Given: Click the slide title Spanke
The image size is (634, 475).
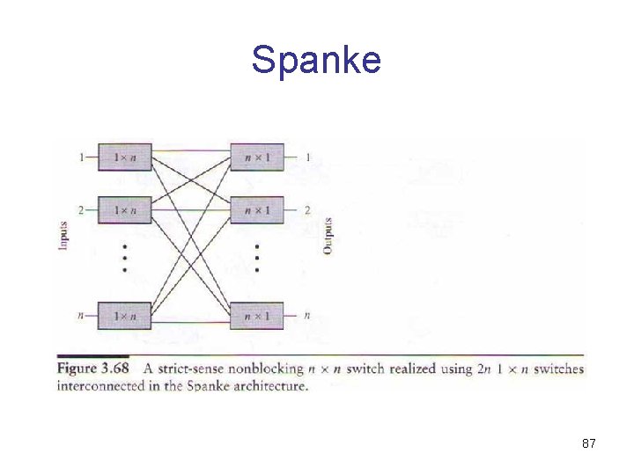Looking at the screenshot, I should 316,60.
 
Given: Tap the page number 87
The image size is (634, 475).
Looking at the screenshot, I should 589,444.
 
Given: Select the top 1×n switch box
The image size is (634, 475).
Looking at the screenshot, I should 124,157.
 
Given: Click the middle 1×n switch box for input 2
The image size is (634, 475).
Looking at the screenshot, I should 124,210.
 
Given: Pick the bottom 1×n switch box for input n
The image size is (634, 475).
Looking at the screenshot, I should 124,315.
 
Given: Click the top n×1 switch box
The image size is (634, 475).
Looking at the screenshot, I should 257,157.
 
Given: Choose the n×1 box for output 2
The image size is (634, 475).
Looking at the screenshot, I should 257,210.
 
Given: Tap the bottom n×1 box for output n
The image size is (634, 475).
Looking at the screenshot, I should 257,315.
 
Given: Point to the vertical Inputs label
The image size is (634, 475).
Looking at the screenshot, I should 63,236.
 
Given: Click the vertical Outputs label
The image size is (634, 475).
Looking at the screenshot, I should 327,236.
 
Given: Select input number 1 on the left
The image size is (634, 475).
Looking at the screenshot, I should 82,157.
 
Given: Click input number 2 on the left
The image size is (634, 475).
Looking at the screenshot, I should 82,210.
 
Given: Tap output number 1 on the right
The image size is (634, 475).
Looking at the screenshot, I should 307,157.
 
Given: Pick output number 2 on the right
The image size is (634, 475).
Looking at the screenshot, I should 307,210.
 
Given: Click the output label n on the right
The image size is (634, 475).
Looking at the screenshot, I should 306,315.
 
